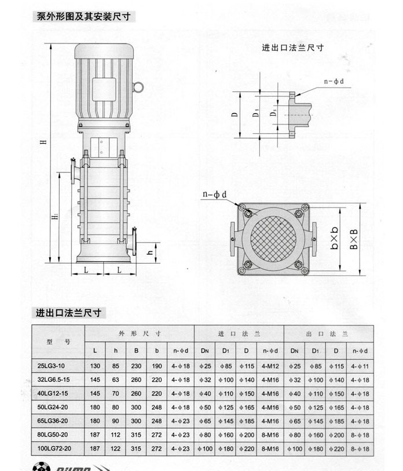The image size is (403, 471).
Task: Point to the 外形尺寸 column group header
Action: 140,334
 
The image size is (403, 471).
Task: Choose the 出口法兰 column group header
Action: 327,334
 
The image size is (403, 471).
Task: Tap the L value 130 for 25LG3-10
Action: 96,366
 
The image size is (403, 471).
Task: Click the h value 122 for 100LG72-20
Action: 116,448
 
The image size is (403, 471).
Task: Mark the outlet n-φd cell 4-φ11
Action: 359,366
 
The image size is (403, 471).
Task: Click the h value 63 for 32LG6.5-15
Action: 116,380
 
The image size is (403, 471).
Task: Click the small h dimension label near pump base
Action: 149,251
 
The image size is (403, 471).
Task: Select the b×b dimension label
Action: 335,239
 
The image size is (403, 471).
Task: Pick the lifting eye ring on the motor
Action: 139,87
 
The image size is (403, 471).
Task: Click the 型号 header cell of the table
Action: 58,341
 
